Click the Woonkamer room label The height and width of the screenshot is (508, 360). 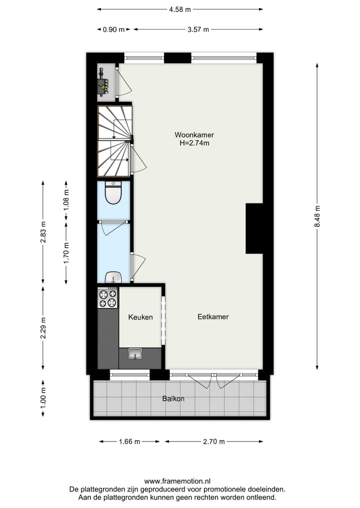click(194, 135)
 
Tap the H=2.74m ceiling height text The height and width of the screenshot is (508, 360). click(194, 143)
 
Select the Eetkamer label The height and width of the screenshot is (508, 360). click(213, 317)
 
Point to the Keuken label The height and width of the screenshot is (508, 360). click(140, 317)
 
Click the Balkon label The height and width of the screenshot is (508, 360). click(173, 399)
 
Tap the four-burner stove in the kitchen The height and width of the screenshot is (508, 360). click(108, 298)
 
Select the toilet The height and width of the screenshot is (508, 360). click(113, 193)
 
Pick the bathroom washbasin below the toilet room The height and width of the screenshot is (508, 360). click(113, 277)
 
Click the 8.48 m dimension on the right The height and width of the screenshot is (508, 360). click(317, 217)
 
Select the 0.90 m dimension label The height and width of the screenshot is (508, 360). click(113, 29)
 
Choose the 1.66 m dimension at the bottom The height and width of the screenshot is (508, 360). click(129, 442)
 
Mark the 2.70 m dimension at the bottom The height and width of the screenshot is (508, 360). click(214, 442)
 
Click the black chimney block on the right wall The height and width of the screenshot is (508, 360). click(254, 228)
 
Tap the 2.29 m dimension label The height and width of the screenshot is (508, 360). click(43, 328)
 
